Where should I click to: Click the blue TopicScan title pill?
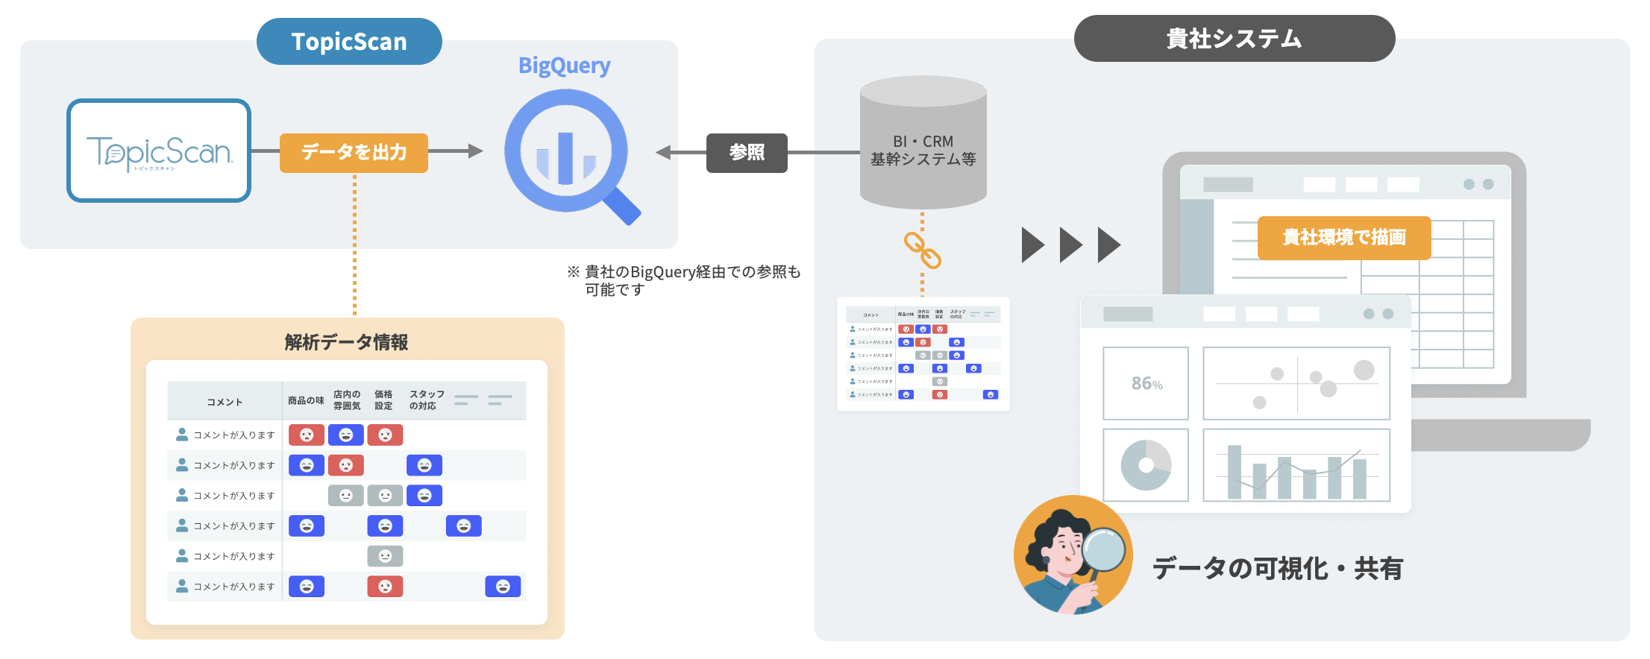[x=349, y=42]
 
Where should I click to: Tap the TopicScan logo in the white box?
[x=159, y=151]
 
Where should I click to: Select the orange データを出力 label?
[x=354, y=153]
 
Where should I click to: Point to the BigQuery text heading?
[x=564, y=66]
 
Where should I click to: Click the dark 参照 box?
[x=747, y=153]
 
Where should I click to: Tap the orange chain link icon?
[x=923, y=250]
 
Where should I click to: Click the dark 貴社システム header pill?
[x=1234, y=39]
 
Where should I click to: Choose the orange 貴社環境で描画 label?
[x=1343, y=238]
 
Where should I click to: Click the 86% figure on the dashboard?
[x=1146, y=383]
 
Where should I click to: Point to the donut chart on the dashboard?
[x=1146, y=465]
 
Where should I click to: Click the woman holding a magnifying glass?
[x=1072, y=555]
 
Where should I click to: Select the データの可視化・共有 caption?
[x=1277, y=569]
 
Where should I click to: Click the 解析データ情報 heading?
[x=346, y=342]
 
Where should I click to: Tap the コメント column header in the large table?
[x=225, y=402]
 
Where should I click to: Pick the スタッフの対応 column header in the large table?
[x=427, y=400]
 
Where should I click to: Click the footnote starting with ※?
[x=683, y=280]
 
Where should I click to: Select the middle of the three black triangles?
[x=1070, y=245]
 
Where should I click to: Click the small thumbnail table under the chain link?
[x=923, y=354]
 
